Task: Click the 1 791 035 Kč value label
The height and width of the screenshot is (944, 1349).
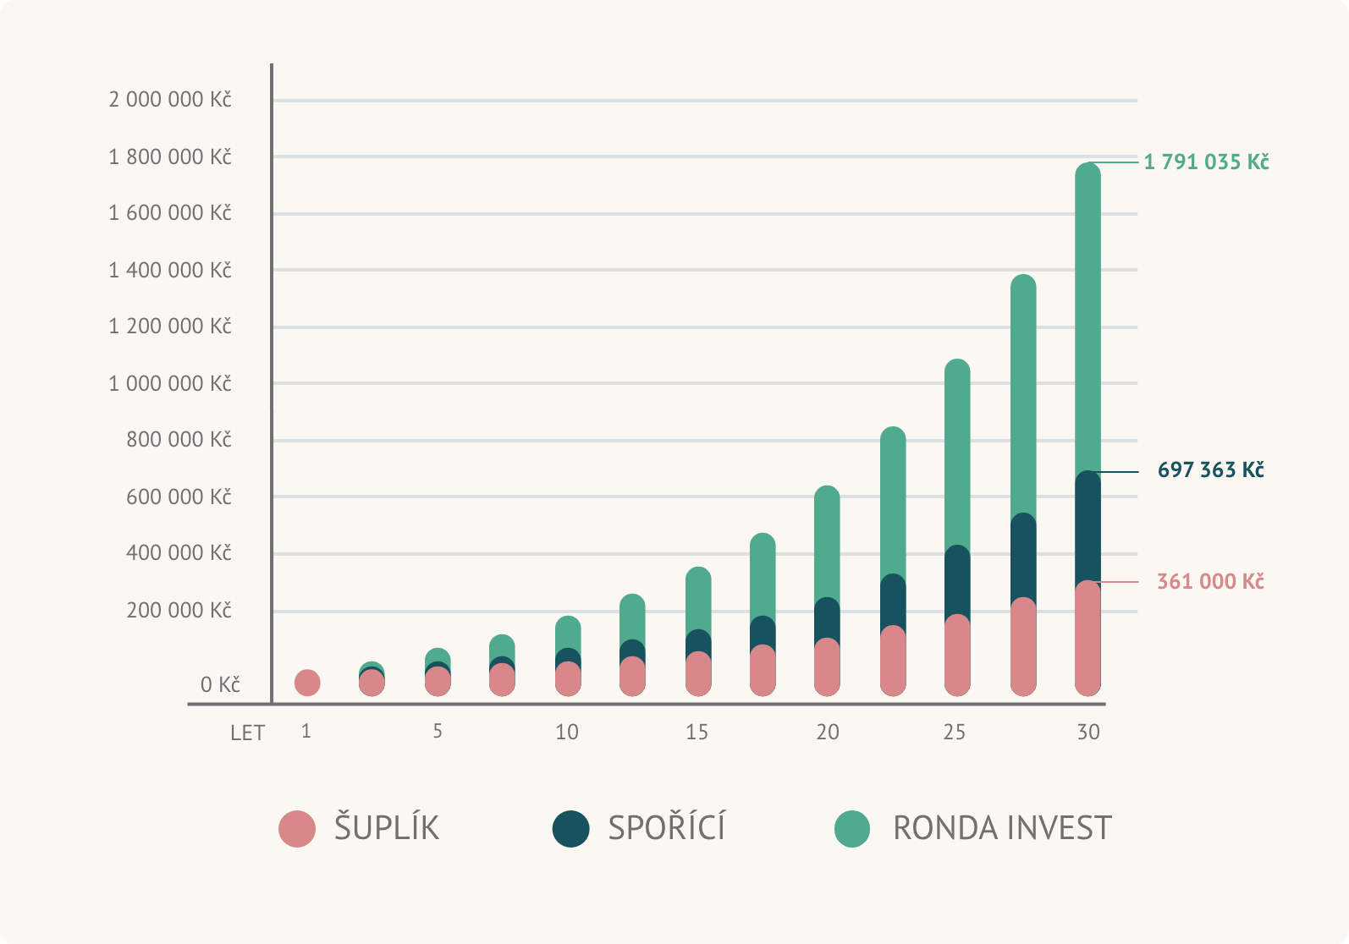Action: tap(1206, 162)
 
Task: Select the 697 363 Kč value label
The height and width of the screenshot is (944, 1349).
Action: tap(1210, 469)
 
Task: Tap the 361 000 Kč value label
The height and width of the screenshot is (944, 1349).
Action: tap(1210, 581)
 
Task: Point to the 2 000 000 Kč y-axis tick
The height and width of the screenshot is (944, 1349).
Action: tap(169, 100)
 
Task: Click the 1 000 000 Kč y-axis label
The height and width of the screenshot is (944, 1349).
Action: tap(169, 383)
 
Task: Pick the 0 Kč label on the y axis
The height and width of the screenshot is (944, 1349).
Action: tap(220, 684)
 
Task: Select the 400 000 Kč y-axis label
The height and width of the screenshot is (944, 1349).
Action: tap(179, 553)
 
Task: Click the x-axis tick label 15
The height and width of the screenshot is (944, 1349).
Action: tap(697, 732)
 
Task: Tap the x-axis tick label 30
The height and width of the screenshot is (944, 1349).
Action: tap(1088, 732)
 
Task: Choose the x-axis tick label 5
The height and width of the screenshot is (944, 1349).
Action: tap(438, 731)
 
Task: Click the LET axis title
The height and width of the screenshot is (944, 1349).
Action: tap(247, 733)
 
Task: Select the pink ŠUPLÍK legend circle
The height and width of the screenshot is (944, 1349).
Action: tap(297, 829)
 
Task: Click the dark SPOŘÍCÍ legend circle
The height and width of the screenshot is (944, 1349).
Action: tap(571, 829)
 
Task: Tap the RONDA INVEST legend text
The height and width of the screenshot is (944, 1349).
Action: tap(1002, 828)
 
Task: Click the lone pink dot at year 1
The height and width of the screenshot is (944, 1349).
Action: tap(307, 682)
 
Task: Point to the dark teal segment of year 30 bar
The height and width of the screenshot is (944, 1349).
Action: tap(1088, 524)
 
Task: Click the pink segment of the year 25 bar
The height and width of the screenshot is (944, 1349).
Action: tap(957, 656)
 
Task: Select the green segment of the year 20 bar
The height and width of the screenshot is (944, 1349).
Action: tap(827, 541)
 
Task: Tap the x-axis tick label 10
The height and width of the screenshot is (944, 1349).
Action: tap(567, 732)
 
